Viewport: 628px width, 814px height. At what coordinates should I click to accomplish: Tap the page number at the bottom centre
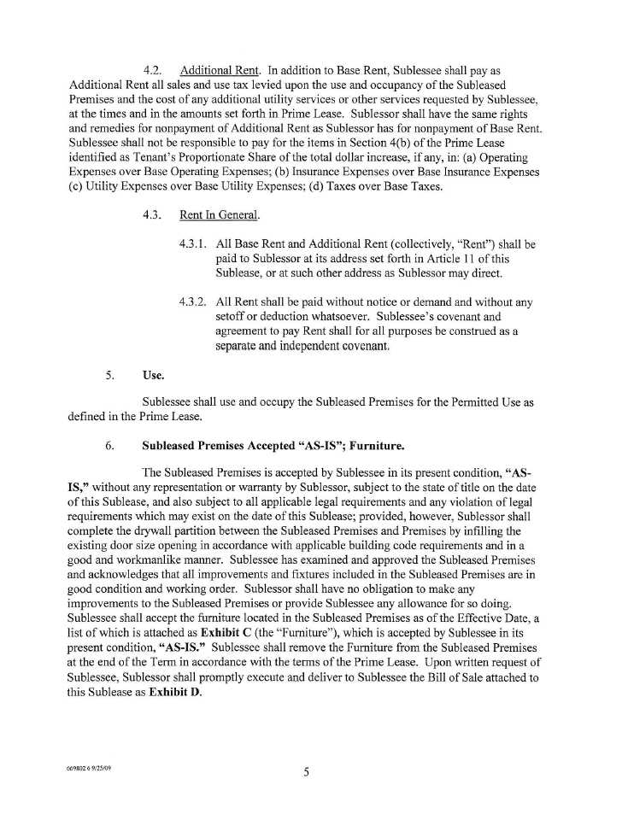click(x=306, y=774)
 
